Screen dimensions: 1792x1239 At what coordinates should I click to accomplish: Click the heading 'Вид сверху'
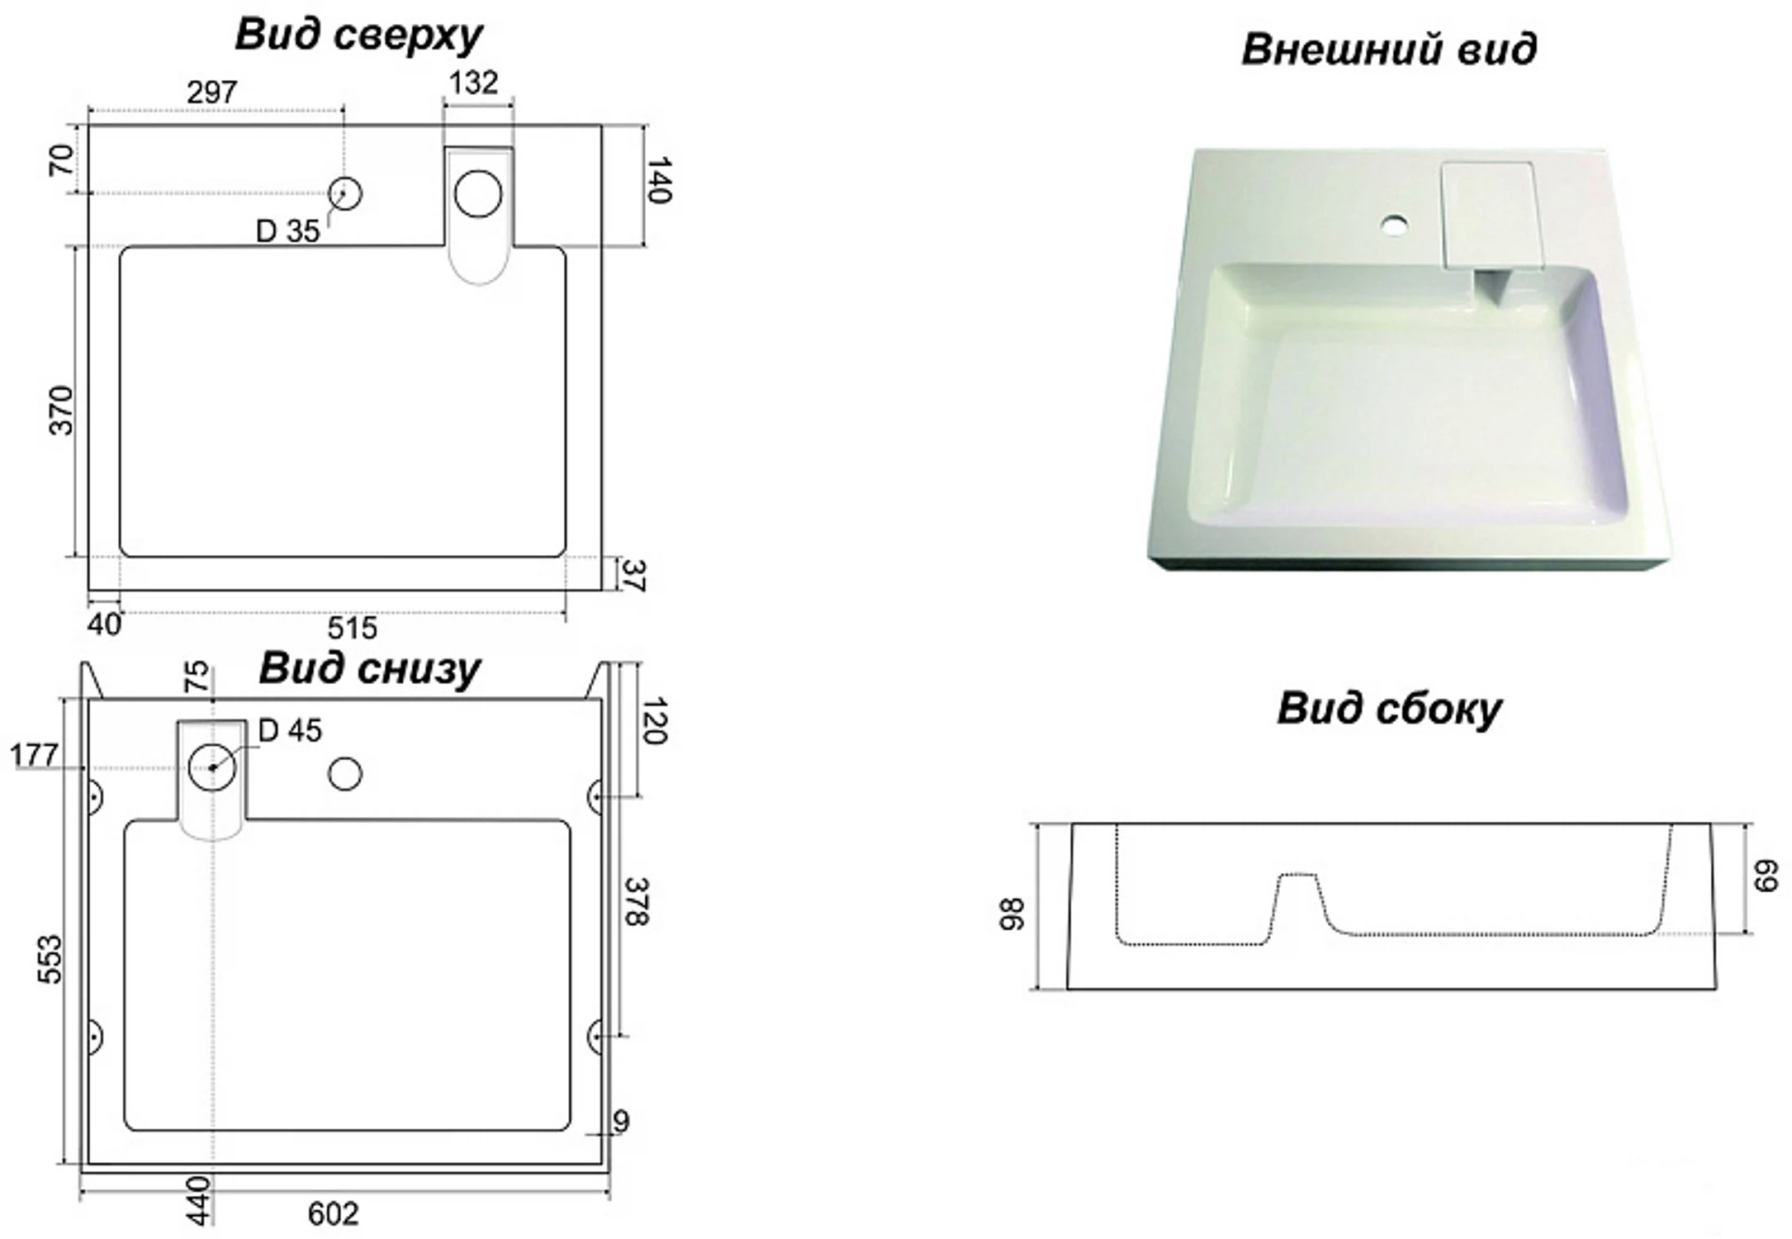tap(358, 36)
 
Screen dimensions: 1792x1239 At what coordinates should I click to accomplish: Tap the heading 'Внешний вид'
tap(1389, 50)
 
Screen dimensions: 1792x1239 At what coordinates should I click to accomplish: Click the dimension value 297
tap(212, 93)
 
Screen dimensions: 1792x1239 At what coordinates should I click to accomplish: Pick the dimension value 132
tap(474, 83)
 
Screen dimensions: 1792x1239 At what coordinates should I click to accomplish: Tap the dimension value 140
tap(659, 180)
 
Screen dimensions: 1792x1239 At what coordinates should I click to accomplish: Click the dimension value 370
tap(62, 411)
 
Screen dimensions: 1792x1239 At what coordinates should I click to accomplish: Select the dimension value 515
tap(352, 628)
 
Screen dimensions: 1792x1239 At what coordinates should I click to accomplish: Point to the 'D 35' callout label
tap(287, 231)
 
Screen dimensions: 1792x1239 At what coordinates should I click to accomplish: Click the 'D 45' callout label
tap(290, 730)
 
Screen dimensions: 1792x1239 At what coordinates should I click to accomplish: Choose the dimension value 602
tap(334, 1213)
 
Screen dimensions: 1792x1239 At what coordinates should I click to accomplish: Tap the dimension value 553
tap(50, 960)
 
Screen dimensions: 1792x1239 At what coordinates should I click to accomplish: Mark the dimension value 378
tap(636, 901)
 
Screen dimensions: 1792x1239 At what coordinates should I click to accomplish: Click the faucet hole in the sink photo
tap(1395, 225)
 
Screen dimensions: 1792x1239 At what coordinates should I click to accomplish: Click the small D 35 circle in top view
tap(345, 193)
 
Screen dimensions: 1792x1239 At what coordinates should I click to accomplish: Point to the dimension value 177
tap(34, 755)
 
